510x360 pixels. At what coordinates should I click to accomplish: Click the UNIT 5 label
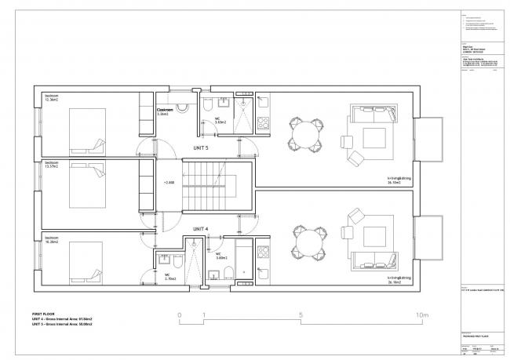click(201, 147)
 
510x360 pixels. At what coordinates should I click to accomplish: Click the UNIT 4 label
click(201, 229)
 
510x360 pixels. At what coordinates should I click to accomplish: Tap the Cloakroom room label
click(165, 111)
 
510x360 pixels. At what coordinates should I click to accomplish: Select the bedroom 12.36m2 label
click(53, 98)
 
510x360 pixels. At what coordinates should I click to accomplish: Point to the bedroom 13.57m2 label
click(53, 165)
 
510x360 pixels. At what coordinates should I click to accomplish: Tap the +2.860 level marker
click(169, 183)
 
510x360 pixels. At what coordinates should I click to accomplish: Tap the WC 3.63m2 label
click(220, 121)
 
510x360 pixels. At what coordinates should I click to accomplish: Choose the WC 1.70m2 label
click(169, 276)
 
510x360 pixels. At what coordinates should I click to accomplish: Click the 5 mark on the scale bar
click(301, 316)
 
